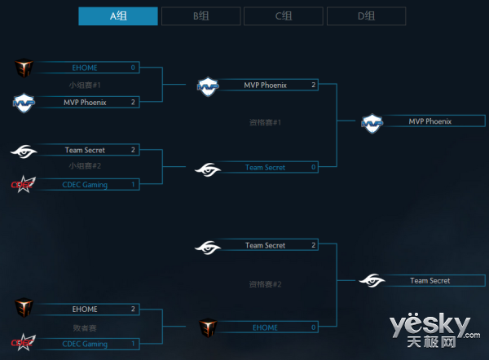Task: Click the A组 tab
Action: coord(118,16)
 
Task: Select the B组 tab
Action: coord(200,16)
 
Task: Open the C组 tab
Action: coord(283,16)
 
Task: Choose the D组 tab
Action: coord(366,16)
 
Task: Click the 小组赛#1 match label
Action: coord(85,85)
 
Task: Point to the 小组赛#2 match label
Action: coord(85,166)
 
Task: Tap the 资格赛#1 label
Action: coord(265,122)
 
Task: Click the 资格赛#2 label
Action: coord(265,284)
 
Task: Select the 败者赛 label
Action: coord(85,327)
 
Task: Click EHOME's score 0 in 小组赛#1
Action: coord(133,68)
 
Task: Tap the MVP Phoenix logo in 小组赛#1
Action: coord(24,103)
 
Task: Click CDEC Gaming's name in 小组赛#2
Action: coord(86,185)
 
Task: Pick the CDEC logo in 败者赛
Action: coord(23,344)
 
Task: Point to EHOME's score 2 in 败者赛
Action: coord(133,310)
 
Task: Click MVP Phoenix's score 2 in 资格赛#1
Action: coord(313,85)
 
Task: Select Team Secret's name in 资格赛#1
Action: coord(265,168)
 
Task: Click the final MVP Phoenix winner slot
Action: coord(430,121)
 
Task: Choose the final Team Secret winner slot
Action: coord(430,281)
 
